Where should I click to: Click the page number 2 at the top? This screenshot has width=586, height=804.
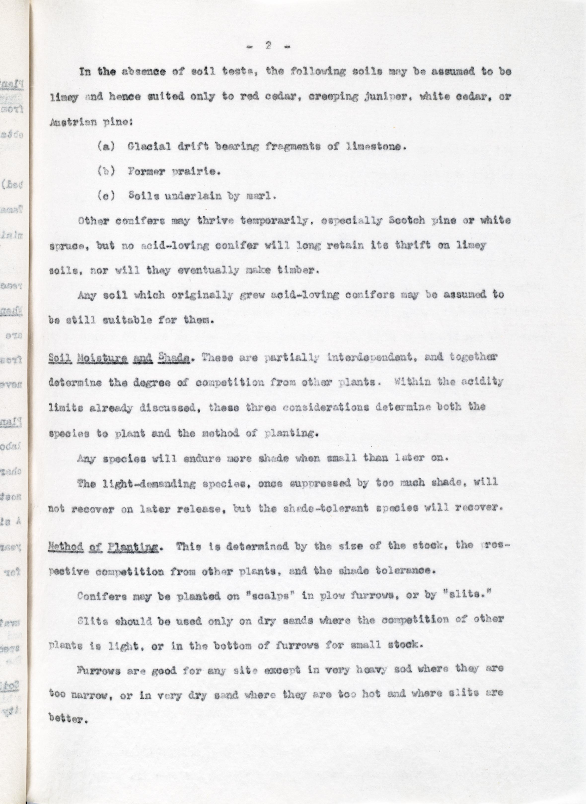(x=268, y=47)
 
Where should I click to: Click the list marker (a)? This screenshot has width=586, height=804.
(x=106, y=146)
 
